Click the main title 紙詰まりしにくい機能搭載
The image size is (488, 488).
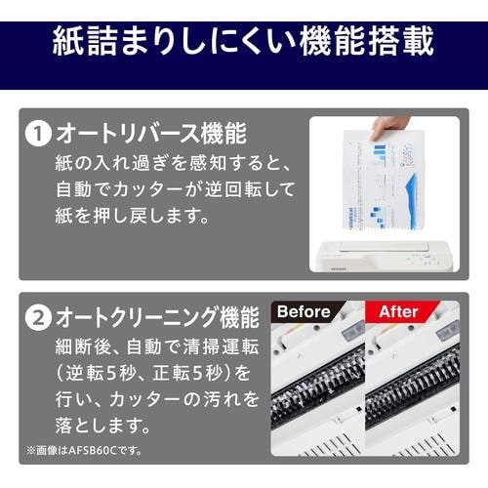(x=243, y=44)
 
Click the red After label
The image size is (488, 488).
(x=398, y=312)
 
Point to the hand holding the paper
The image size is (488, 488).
(x=393, y=129)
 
